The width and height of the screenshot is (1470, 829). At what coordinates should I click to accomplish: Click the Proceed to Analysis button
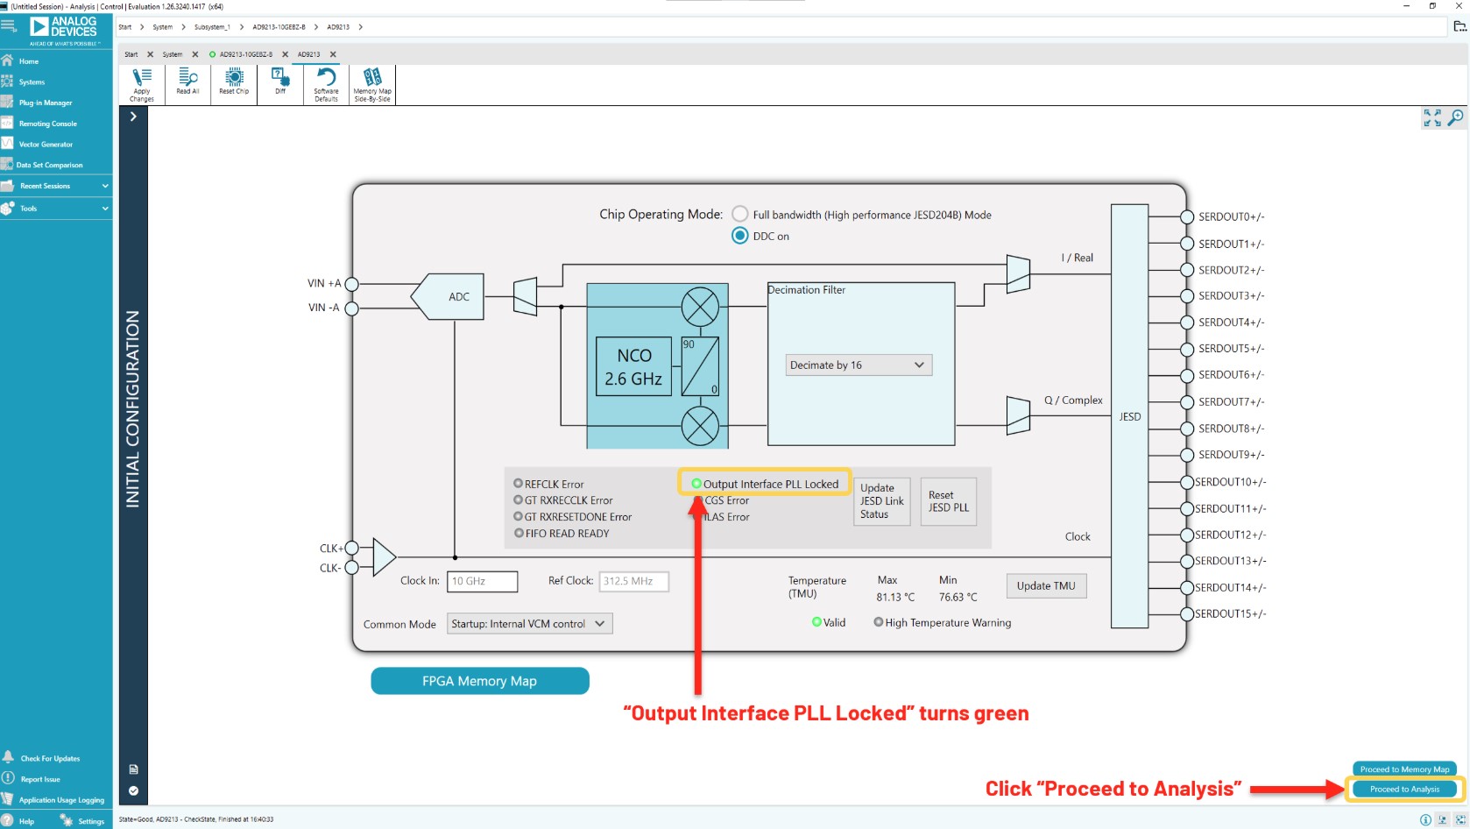click(x=1404, y=789)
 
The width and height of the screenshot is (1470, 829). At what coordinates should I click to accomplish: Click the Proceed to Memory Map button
click(x=1404, y=769)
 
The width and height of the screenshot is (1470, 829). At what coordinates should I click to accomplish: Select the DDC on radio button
click(x=740, y=236)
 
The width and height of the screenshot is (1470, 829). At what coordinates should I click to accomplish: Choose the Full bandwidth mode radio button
click(x=740, y=214)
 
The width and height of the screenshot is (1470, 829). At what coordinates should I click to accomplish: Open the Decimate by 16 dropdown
click(x=858, y=365)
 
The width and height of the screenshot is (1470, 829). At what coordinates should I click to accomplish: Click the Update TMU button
click(x=1046, y=586)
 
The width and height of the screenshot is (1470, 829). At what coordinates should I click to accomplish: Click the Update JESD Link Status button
click(x=881, y=501)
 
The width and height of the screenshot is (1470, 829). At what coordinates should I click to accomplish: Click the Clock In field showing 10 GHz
click(x=482, y=581)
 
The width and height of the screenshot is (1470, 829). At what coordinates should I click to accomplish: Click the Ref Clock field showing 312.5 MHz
click(x=633, y=581)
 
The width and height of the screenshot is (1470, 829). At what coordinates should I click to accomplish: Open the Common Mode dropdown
click(x=529, y=624)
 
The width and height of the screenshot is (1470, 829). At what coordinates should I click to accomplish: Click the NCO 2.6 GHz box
click(x=633, y=367)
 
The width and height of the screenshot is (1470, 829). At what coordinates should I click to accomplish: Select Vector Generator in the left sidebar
click(x=46, y=145)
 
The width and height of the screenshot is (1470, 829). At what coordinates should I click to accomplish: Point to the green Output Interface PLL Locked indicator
click(x=696, y=484)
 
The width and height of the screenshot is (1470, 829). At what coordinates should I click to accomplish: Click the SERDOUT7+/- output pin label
click(x=1231, y=401)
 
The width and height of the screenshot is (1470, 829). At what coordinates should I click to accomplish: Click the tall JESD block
click(x=1129, y=416)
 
